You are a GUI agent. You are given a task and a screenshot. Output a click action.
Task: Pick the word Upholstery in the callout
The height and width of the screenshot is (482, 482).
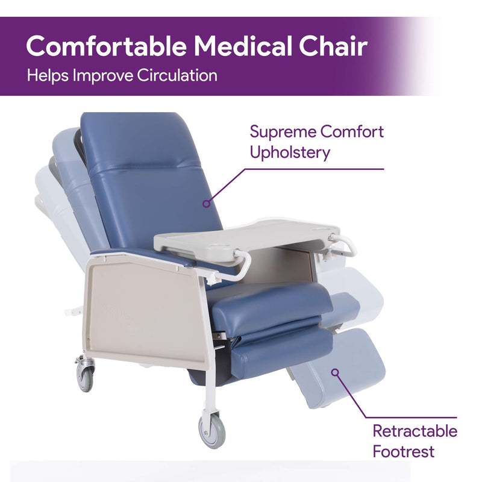click(290, 152)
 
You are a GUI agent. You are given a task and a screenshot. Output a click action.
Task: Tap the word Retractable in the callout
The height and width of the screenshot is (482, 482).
click(415, 431)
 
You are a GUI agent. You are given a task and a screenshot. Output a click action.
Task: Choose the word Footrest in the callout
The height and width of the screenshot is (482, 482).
click(403, 451)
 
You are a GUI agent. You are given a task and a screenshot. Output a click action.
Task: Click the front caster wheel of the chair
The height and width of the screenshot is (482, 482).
click(212, 430)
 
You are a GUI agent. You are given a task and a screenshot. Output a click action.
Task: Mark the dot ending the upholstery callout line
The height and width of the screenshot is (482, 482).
click(206, 204)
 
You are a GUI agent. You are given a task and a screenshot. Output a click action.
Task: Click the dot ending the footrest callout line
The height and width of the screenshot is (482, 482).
click(335, 372)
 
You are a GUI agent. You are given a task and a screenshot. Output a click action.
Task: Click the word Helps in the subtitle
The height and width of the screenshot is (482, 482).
click(47, 76)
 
